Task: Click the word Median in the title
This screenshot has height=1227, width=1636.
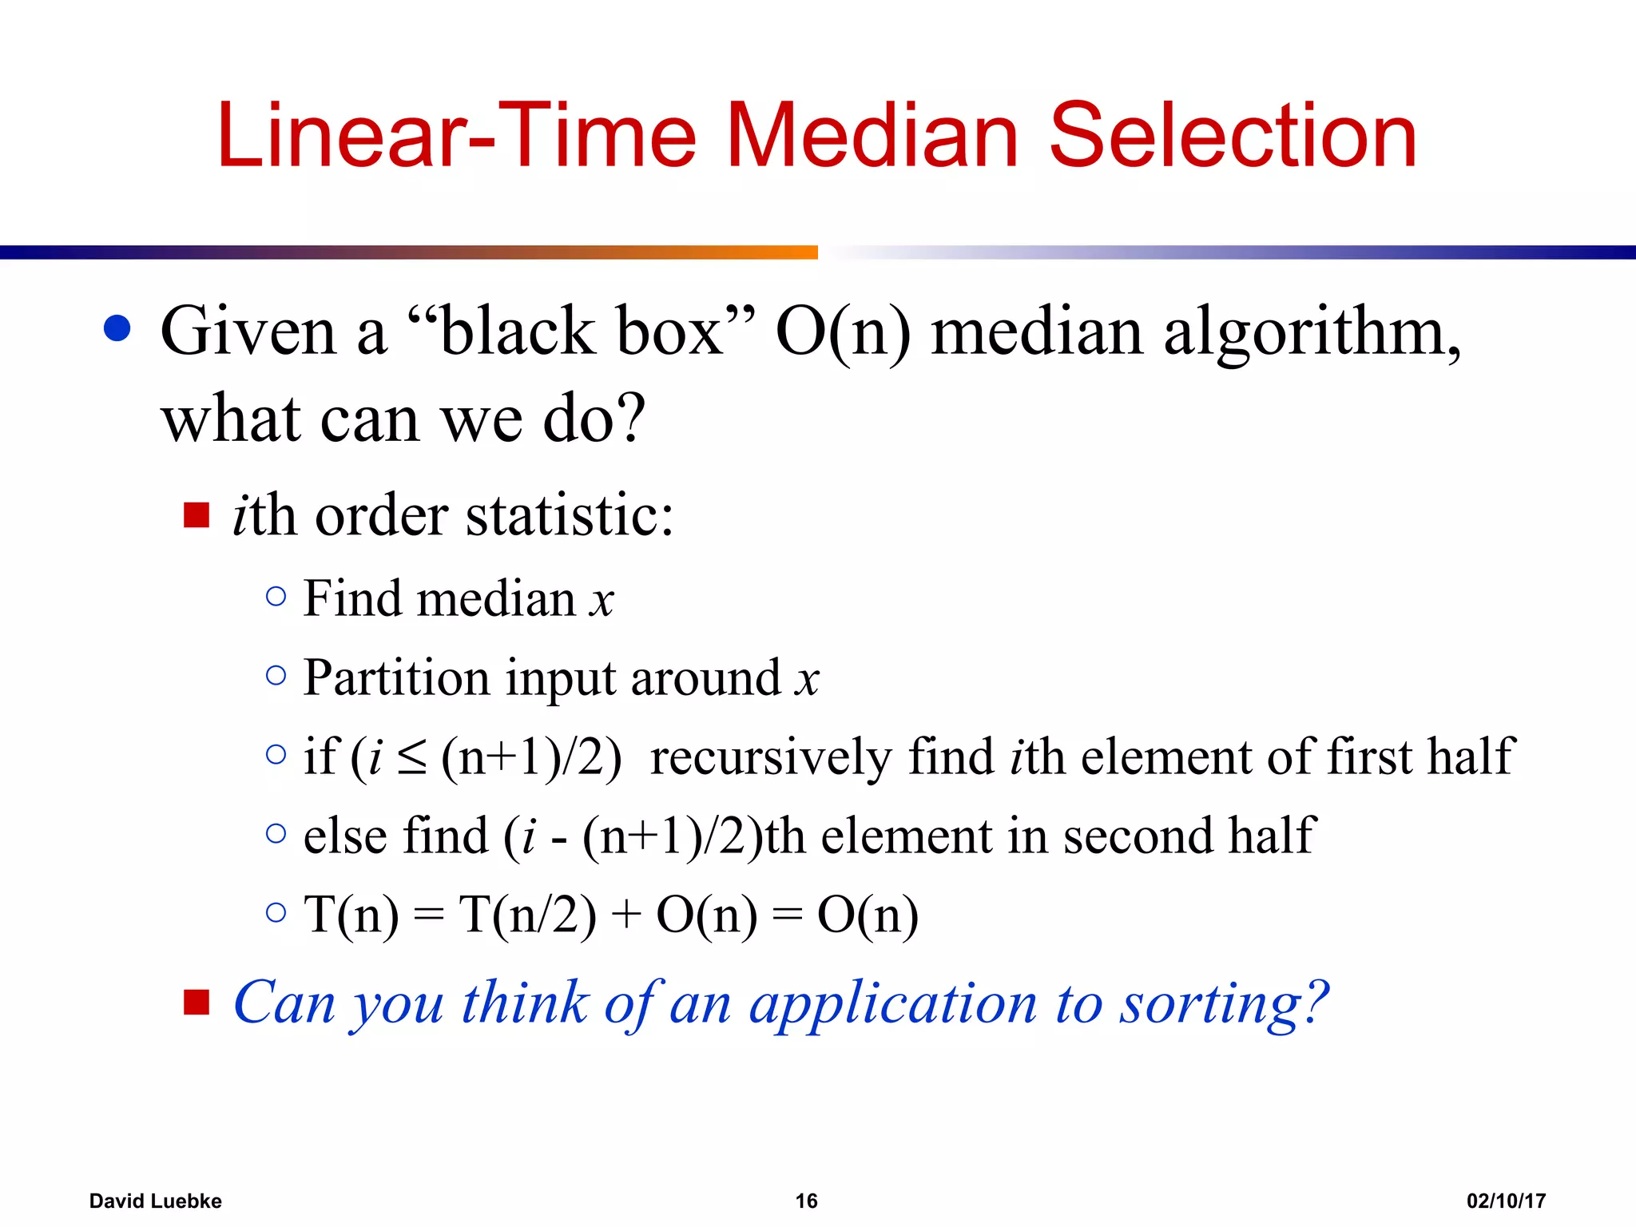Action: [x=872, y=136]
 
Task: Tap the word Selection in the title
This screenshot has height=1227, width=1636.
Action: [x=1232, y=136]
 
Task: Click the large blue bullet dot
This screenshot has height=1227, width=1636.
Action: [x=117, y=328]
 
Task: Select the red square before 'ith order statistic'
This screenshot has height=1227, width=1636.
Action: [x=197, y=515]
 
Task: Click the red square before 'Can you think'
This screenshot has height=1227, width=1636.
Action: [x=197, y=1002]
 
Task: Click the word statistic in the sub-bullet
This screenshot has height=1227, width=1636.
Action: [x=570, y=515]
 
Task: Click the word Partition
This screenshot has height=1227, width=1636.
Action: [x=396, y=679]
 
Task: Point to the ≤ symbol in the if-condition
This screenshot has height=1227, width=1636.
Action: [x=412, y=758]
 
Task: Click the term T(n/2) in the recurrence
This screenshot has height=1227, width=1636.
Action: [x=527, y=915]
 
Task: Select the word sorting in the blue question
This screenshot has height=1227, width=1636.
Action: [x=1222, y=1004]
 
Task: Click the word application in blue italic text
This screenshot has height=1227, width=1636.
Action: [x=892, y=1004]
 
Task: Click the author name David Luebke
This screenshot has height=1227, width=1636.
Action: [x=155, y=1201]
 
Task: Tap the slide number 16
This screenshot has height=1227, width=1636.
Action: [x=806, y=1201]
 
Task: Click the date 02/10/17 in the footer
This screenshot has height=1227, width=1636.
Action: [x=1506, y=1201]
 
